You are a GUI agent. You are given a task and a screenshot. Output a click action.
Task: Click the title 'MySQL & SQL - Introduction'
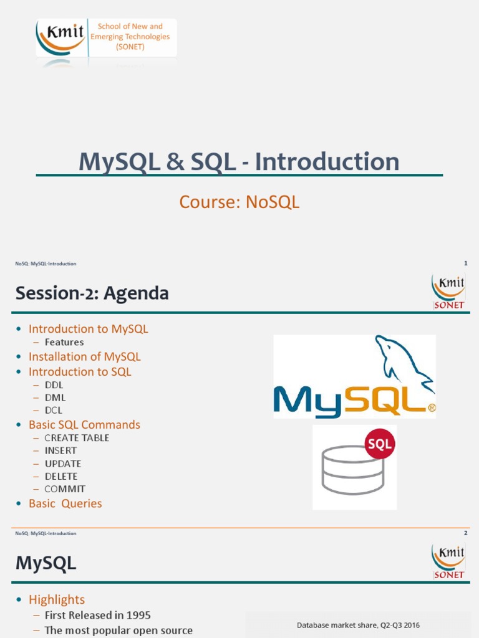click(239, 162)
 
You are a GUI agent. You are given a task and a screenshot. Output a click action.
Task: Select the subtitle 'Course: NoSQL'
click(239, 202)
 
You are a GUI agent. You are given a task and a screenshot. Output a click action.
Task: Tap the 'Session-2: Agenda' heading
click(92, 293)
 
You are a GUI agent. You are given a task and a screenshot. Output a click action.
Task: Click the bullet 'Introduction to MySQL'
click(88, 329)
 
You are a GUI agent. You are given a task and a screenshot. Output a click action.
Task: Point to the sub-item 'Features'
click(64, 342)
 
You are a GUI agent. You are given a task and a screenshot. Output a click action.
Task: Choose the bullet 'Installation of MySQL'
click(84, 356)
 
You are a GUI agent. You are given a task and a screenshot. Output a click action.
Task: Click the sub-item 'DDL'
click(54, 385)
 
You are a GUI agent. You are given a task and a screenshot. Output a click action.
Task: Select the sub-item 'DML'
click(55, 398)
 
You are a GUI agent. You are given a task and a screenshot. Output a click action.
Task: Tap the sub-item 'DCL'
click(54, 410)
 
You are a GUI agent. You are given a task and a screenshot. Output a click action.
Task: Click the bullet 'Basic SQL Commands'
click(84, 424)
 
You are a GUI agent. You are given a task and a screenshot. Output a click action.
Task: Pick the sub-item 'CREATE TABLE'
click(77, 438)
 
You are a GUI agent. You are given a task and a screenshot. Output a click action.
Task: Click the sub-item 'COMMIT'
click(65, 489)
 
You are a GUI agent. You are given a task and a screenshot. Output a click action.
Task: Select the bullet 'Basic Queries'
click(65, 503)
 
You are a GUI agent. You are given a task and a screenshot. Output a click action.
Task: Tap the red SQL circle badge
click(379, 444)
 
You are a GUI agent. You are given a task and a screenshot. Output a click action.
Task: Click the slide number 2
click(465, 533)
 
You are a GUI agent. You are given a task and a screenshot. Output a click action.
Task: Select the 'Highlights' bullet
click(56, 599)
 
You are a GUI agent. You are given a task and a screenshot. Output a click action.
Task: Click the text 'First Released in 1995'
click(97, 615)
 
